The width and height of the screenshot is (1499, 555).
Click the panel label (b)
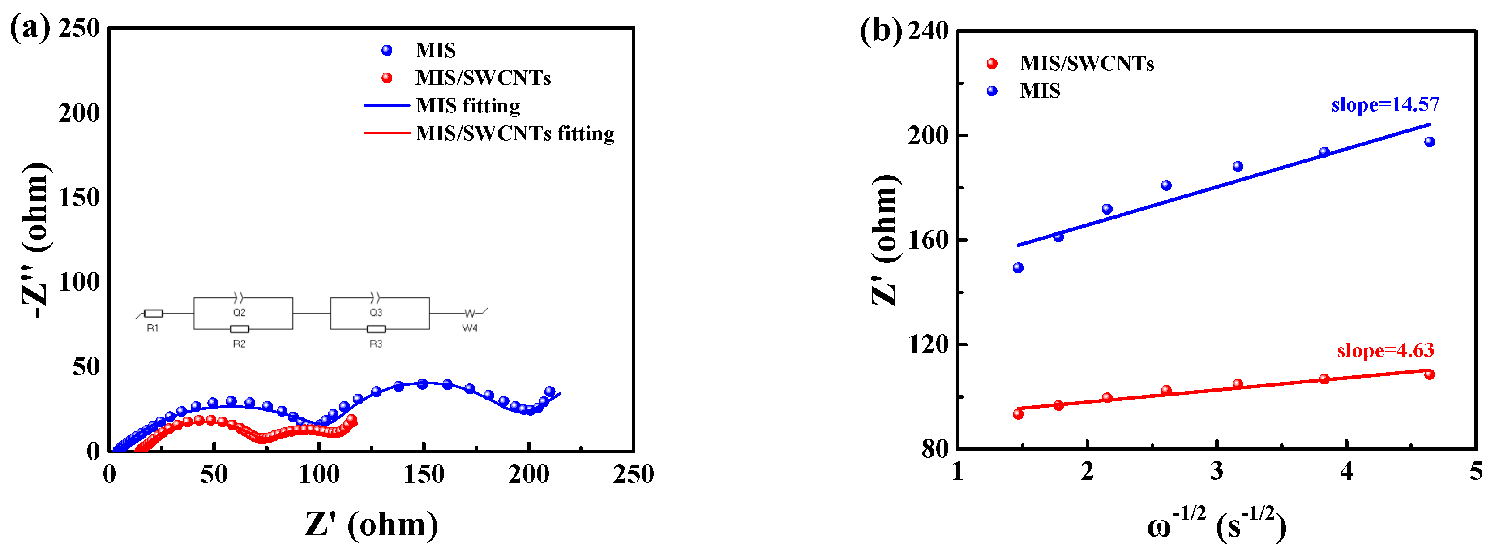pos(880,30)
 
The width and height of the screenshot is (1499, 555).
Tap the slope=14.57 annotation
pos(1385,104)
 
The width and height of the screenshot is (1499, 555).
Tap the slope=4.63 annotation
pos(1385,351)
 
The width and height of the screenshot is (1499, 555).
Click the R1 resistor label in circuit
pos(153,328)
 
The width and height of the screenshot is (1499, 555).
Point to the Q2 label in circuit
pos(239,313)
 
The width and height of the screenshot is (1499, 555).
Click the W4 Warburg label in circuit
pos(470,328)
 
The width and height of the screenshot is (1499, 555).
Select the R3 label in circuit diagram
pos(376,344)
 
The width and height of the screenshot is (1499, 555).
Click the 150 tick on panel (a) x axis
pos(424,475)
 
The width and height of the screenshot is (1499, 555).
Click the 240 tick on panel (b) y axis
pos(928,31)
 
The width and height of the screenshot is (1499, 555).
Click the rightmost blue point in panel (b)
pos(1429,142)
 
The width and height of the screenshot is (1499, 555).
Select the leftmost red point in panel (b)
pos(1018,414)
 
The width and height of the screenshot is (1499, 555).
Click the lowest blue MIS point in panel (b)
pos(1018,268)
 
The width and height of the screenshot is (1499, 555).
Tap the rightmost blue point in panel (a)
pos(549,392)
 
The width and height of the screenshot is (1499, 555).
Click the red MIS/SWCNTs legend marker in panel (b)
pos(992,64)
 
